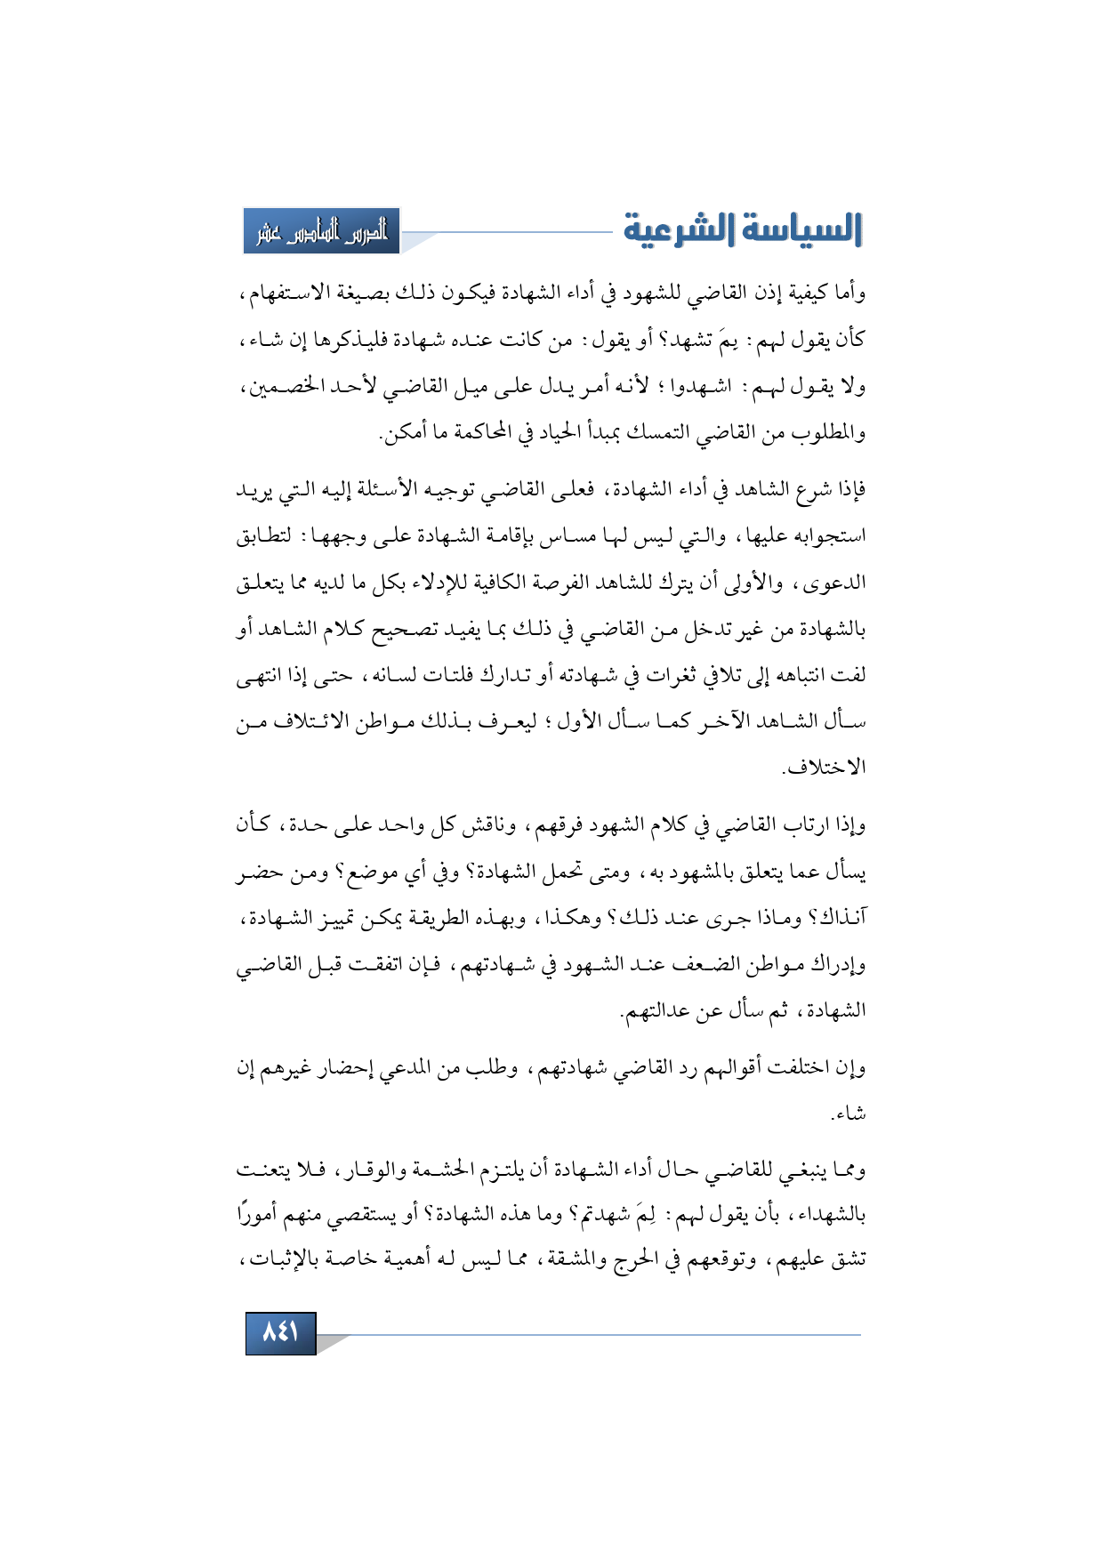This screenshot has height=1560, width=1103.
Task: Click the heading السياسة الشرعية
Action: (x=743, y=230)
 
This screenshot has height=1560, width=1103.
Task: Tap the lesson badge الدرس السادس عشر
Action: (x=322, y=232)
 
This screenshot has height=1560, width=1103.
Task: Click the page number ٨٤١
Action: (x=280, y=1332)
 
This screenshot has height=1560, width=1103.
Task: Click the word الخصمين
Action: (x=280, y=387)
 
